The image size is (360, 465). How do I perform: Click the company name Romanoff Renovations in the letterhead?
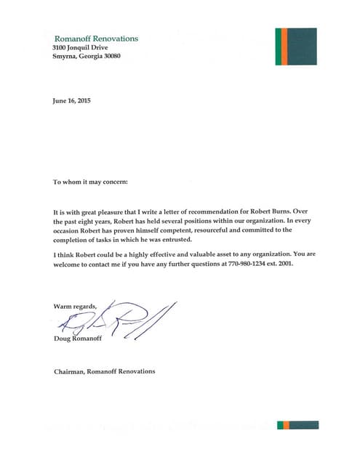point(96,38)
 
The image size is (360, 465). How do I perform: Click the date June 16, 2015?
point(72,101)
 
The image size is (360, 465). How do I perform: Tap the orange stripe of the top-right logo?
point(280,46)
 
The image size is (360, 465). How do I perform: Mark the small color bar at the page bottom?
point(298,424)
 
